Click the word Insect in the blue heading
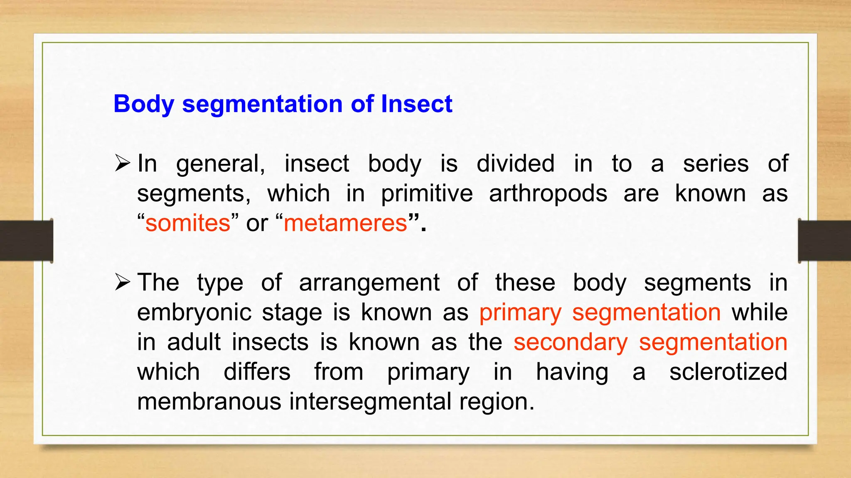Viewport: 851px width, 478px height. (x=416, y=104)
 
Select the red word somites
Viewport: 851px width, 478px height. (x=188, y=223)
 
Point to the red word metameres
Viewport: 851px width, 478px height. (x=345, y=223)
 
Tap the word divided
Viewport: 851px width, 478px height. (x=515, y=163)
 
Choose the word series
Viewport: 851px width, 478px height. (x=716, y=163)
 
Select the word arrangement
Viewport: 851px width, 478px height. (x=369, y=283)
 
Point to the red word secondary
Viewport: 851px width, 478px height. (x=571, y=343)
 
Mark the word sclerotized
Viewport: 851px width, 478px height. (x=728, y=372)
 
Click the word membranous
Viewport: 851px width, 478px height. (x=209, y=402)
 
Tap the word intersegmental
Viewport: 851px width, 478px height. (x=370, y=402)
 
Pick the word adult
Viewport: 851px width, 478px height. (x=194, y=342)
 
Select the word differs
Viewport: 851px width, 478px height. (x=257, y=372)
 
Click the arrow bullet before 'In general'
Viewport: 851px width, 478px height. (x=123, y=163)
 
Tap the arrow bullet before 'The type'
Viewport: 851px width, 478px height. (x=123, y=283)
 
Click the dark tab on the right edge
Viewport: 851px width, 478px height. (x=824, y=241)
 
